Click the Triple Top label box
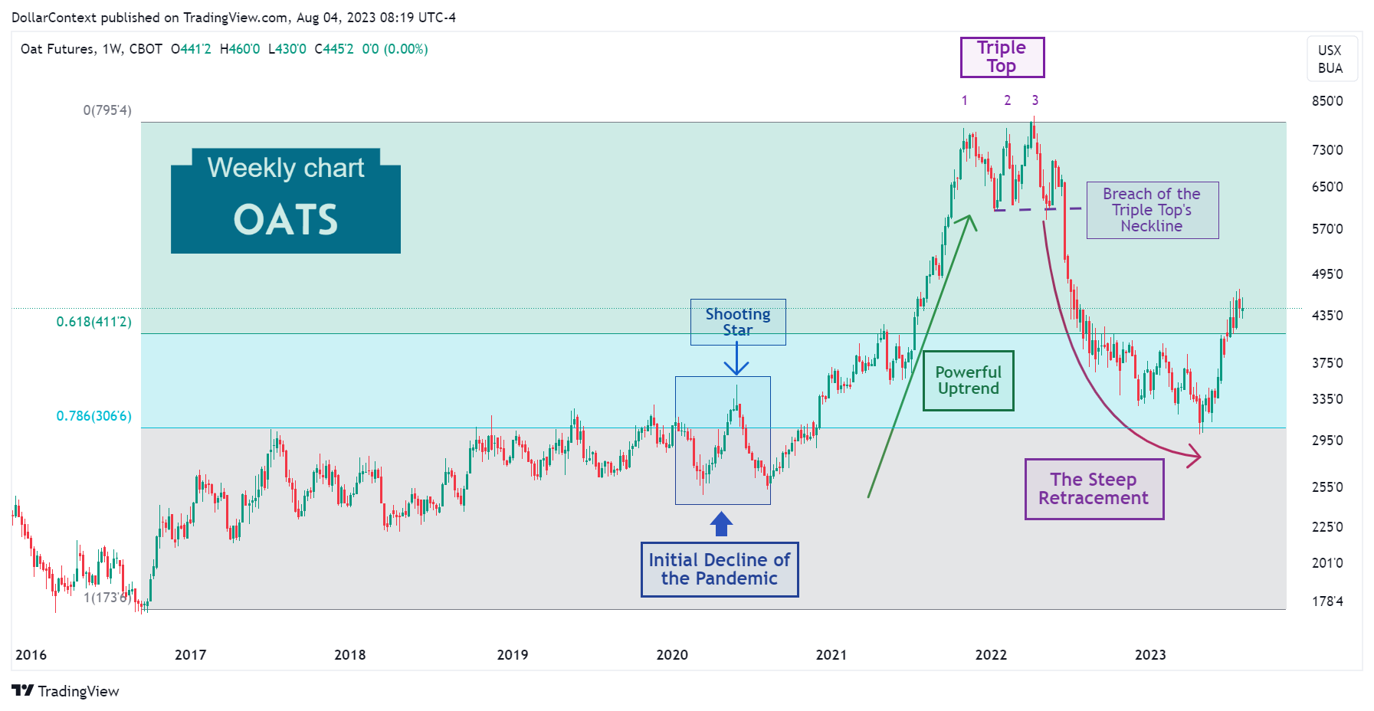(1002, 57)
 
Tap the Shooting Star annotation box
(737, 322)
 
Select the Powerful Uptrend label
(968, 381)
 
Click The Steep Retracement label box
(1094, 489)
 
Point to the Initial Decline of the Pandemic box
(719, 569)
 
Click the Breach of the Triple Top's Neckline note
(1152, 210)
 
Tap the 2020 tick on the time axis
(672, 655)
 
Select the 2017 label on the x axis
(190, 655)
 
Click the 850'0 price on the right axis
(1327, 101)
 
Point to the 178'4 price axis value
(1327, 601)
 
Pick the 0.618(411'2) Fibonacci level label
(93, 322)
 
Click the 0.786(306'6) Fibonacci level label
(93, 416)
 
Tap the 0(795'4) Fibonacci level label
(107, 110)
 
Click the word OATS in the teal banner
(285, 221)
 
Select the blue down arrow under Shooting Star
(736, 360)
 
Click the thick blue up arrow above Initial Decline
(721, 525)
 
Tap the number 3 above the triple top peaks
(1035, 100)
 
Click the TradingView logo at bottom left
(66, 691)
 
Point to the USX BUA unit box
(1330, 59)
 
